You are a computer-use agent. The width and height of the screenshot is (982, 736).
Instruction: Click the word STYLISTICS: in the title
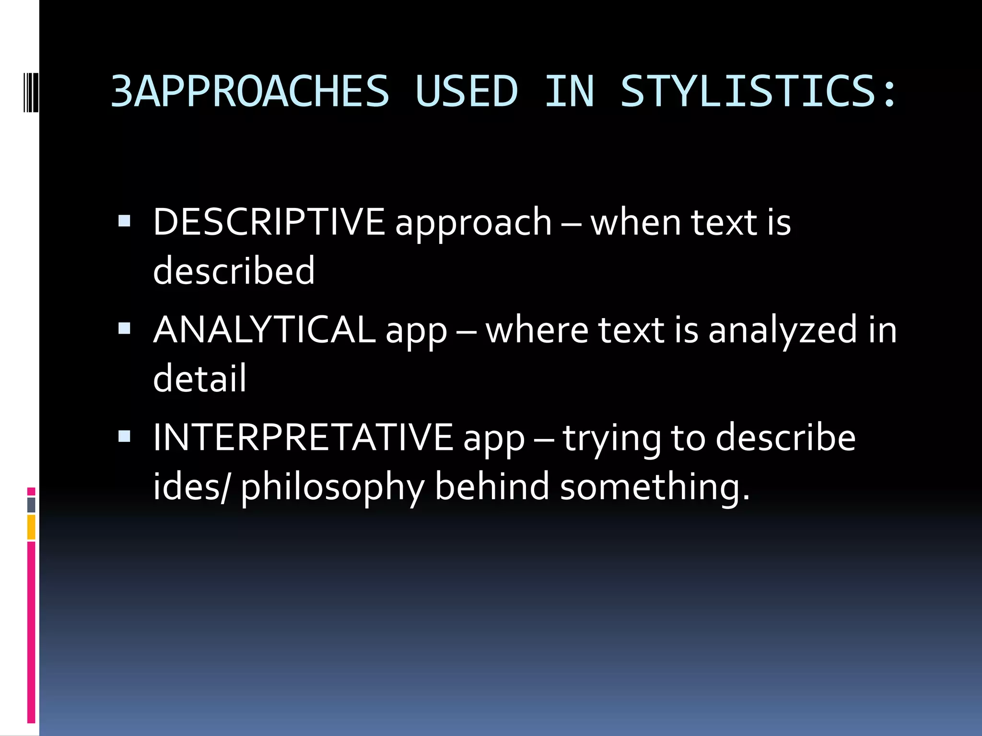tap(758, 91)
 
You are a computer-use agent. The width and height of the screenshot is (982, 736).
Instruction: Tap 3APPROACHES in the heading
tap(250, 91)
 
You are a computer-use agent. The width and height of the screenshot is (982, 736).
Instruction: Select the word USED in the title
tap(467, 91)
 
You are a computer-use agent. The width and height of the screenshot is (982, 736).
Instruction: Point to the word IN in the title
tap(569, 91)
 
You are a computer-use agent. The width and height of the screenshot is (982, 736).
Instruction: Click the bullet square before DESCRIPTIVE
tap(124, 221)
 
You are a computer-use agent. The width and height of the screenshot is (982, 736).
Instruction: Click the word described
tap(234, 270)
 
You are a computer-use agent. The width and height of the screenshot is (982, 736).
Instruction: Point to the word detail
tap(199, 378)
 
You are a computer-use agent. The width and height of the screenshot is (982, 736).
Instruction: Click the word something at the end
tap(650, 487)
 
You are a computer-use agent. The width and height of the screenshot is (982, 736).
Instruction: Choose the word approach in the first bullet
tap(473, 223)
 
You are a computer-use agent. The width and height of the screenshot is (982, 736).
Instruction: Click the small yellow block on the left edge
tap(31, 527)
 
